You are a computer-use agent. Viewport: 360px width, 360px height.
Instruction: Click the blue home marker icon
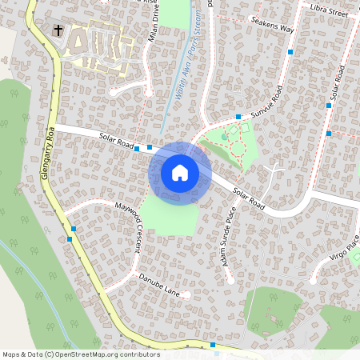(x=180, y=173)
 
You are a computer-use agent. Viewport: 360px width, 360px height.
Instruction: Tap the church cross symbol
(x=58, y=30)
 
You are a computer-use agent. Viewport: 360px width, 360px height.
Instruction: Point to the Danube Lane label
(x=160, y=283)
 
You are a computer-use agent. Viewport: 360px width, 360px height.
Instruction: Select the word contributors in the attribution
(x=142, y=354)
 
